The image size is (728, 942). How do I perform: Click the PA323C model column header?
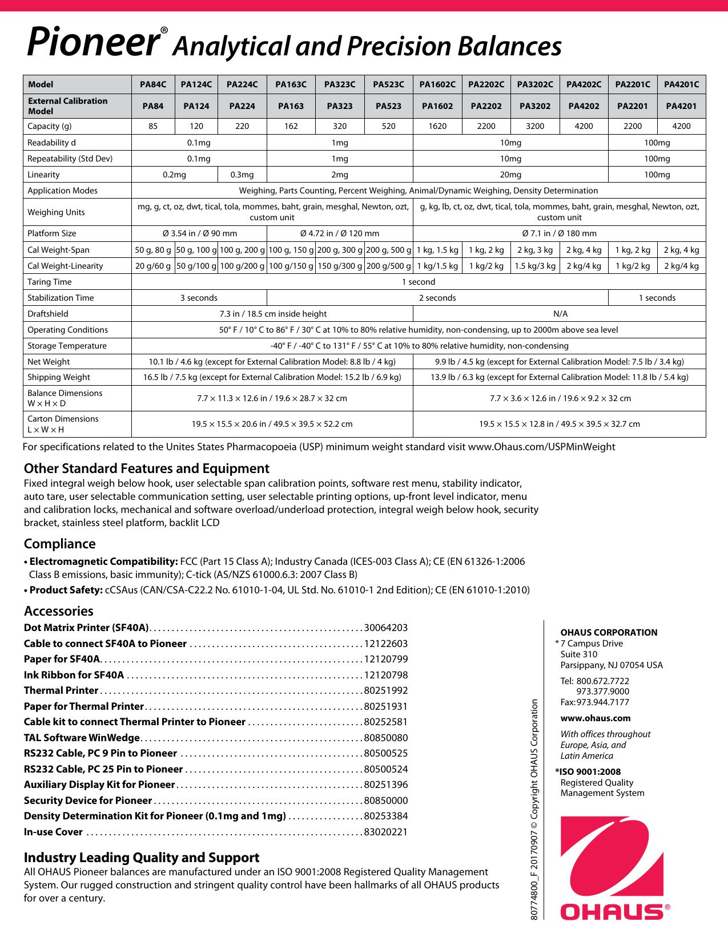pos(340,84)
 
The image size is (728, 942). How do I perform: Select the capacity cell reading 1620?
pos(437,126)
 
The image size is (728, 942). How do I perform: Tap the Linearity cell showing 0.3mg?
pos(242,175)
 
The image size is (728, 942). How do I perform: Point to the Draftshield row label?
pos(48,314)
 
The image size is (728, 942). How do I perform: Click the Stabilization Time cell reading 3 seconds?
pos(199,298)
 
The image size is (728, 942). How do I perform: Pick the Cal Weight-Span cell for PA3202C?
pos(535,250)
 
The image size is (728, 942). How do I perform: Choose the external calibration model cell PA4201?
pos(681,106)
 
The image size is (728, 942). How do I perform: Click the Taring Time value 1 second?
pos(419,282)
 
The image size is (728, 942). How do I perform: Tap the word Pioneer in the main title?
pos(93,42)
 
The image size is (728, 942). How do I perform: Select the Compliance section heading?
pos(60,544)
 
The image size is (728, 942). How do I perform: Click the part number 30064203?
pos(386,628)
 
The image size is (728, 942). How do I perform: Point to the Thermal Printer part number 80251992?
pos(386,690)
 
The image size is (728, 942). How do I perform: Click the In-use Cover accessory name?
pos(53,832)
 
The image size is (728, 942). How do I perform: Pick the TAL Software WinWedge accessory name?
pos(82,738)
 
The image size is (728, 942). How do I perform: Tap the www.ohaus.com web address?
pos(596,718)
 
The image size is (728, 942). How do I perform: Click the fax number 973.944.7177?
pos(602,702)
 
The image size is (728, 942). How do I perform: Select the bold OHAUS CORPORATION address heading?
pos(609,632)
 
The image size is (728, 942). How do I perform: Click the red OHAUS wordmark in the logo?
pos(612,911)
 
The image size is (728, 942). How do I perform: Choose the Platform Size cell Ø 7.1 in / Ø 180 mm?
pos(559,233)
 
